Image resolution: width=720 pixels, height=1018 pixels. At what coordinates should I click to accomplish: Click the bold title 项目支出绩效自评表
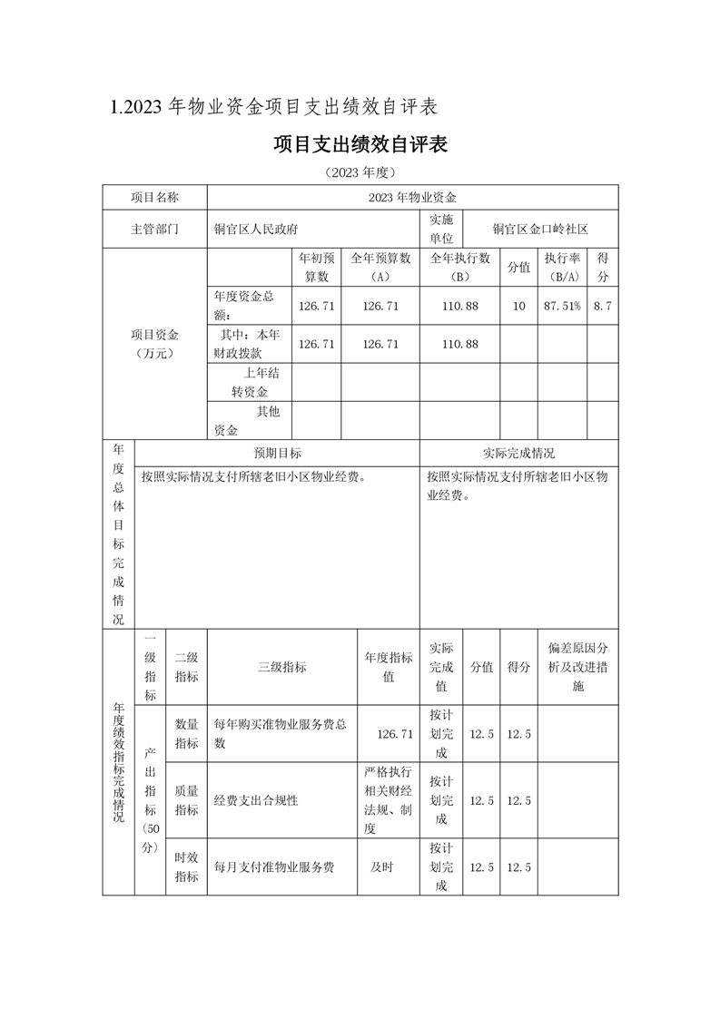360,145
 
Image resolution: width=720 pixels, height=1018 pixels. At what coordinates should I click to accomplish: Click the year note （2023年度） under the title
360,172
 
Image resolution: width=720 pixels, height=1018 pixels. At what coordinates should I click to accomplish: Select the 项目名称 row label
154,197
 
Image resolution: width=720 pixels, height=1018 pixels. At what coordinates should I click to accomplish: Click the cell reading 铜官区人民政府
256,230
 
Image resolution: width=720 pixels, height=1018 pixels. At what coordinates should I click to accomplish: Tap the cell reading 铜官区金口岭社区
540,230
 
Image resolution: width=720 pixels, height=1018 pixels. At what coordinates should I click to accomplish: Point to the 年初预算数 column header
316,267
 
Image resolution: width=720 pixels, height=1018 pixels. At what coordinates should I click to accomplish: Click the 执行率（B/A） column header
561,267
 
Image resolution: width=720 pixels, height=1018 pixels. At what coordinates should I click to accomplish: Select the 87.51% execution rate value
561,307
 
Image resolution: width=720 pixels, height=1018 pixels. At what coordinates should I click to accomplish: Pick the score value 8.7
602,307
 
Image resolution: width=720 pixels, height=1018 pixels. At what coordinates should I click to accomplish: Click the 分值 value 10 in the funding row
518,307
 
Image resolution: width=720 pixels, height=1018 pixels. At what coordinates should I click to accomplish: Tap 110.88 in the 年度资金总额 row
459,307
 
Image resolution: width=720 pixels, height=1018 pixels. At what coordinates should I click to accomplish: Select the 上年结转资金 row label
250,382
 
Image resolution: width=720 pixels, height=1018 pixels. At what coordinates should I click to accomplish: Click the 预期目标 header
277,454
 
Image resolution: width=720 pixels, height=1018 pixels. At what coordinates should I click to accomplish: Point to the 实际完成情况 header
518,454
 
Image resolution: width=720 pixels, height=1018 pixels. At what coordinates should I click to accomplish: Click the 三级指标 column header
282,667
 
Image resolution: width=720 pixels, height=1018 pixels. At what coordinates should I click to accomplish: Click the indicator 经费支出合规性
256,800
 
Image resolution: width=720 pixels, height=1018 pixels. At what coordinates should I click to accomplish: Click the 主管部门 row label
154,230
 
